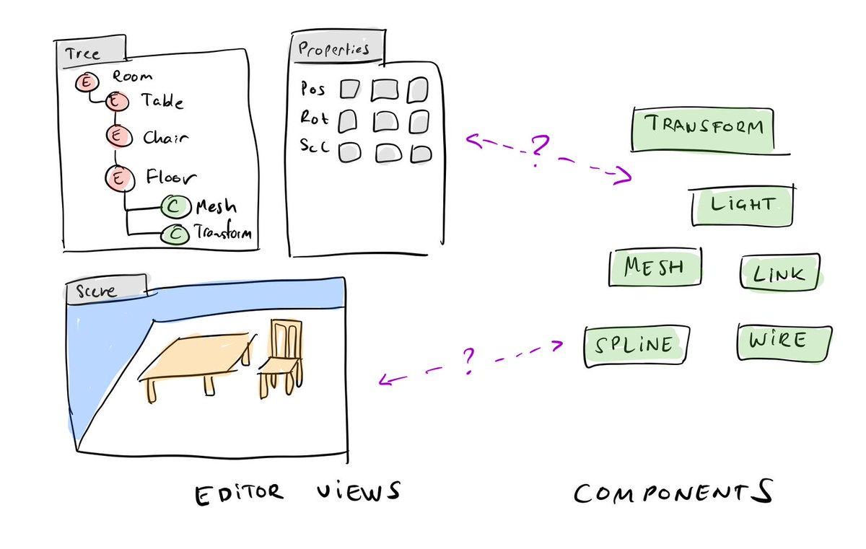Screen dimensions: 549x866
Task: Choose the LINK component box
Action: [780, 273]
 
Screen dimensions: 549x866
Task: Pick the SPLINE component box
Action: [635, 346]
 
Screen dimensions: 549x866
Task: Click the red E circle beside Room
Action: [86, 84]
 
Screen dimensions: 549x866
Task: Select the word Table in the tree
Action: [162, 102]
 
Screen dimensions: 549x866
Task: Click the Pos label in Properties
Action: [312, 89]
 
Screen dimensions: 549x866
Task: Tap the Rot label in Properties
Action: [312, 118]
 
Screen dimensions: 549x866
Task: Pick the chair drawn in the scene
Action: [279, 356]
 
